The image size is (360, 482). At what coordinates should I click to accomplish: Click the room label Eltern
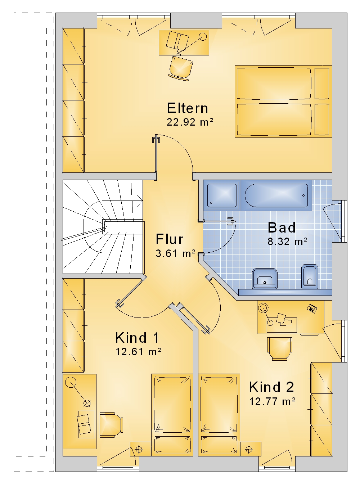pos(187,108)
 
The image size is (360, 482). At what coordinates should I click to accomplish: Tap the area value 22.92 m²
pos(190,122)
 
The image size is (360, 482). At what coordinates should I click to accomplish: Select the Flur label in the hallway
pos(169,239)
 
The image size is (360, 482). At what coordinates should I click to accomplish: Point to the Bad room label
pos(282,228)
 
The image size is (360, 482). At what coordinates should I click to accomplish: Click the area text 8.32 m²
pos(287,242)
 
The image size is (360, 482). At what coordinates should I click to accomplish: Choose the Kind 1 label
pos(137,338)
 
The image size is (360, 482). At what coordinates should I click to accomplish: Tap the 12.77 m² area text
pos(272,402)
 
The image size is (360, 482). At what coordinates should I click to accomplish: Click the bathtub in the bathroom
pos(276,195)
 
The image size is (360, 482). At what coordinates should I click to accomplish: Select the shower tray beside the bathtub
pos(222,195)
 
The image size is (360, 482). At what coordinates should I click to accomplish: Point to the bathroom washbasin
pos(265,279)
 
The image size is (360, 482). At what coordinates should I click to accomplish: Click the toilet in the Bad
pos(310,277)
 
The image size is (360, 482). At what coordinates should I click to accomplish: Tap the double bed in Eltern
pos(283,102)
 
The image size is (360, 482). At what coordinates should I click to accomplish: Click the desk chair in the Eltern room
pos(181,67)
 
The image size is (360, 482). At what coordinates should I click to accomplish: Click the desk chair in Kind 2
pos(279,349)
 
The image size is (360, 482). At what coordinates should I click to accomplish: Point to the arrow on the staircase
pos(140,201)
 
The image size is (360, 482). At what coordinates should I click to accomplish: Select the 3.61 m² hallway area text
pos(176,253)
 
